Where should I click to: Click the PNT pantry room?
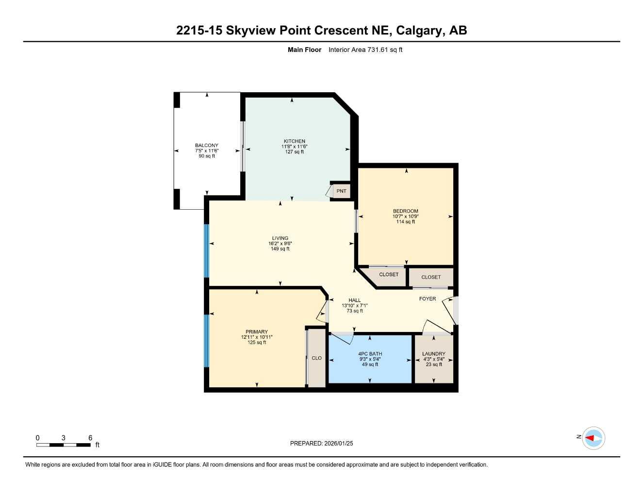point(341,191)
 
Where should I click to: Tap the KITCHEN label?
point(295,141)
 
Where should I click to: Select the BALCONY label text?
point(207,145)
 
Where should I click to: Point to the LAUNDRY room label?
point(433,353)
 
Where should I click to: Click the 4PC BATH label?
point(370,353)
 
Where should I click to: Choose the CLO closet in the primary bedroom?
point(316,358)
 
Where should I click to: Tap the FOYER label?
point(427,299)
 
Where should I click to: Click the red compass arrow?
point(590,438)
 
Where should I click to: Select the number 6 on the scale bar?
point(90,437)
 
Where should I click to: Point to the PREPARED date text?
point(321,444)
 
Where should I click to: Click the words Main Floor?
point(304,50)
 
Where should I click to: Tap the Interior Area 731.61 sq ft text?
point(365,50)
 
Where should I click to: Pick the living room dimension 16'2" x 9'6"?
point(280,244)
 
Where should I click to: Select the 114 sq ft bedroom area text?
point(405,222)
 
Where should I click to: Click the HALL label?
point(354,300)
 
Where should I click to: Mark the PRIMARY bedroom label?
point(257,331)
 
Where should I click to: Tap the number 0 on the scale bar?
point(37,437)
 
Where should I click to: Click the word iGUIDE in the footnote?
point(163,465)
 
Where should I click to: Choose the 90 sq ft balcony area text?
point(207,156)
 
